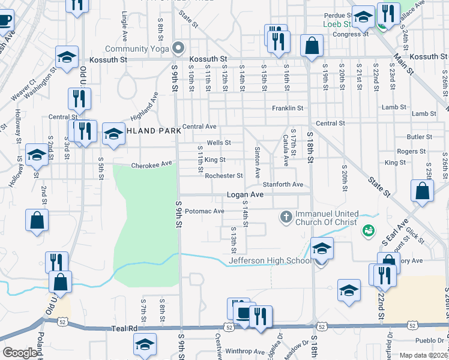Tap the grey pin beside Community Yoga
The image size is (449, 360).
178,47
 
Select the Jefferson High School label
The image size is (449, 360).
270,260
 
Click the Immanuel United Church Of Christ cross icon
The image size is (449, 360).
286,215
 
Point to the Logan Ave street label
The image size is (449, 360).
245,195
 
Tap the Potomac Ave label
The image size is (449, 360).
204,211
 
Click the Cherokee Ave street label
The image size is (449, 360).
151,164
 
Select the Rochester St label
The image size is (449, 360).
223,176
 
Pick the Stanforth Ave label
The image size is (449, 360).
283,185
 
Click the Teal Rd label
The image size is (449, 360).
125,329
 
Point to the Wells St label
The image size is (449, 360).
218,143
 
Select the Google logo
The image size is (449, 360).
20,353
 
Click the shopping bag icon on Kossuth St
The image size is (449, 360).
312,45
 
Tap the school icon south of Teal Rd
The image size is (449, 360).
145,345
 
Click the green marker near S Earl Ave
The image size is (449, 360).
367,230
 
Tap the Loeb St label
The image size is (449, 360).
337,24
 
